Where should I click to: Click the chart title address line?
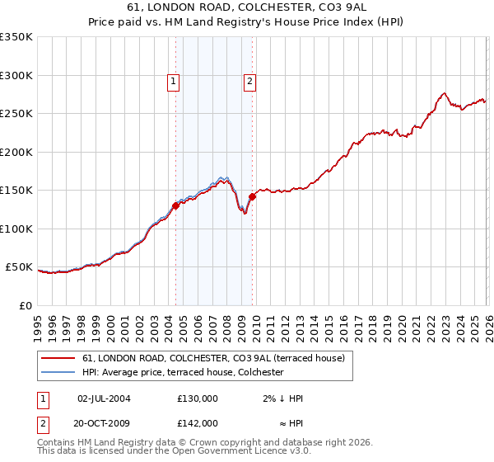[247, 7]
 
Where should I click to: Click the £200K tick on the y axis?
[16, 152]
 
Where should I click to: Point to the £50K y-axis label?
[19, 267]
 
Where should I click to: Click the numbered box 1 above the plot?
[174, 81]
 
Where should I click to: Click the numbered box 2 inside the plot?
[249, 81]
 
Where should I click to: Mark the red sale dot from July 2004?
[175, 206]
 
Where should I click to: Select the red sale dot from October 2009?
[252, 196]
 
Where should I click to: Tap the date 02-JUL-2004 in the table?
[104, 398]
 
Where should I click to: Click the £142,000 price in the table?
[198, 423]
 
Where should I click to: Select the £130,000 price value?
[198, 398]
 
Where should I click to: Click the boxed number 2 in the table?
[44, 423]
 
